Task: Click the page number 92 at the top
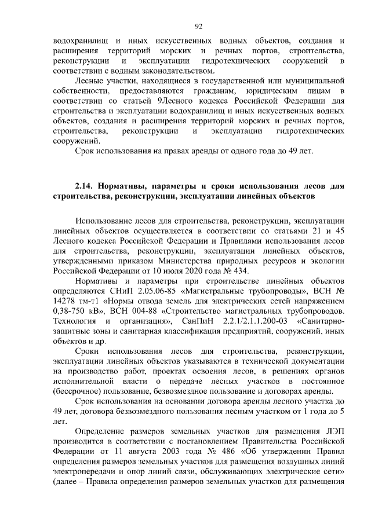pos(198,26)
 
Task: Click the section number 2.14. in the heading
pos(86,187)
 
